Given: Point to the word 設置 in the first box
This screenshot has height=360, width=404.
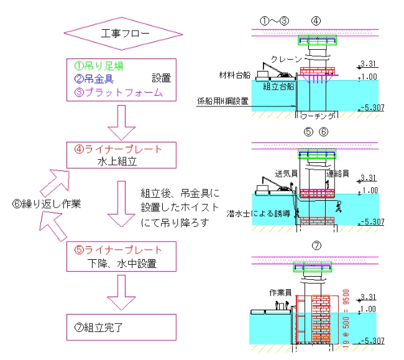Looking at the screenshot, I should click(x=160, y=79).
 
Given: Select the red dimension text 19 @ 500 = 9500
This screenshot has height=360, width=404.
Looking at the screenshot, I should click(x=347, y=316).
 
